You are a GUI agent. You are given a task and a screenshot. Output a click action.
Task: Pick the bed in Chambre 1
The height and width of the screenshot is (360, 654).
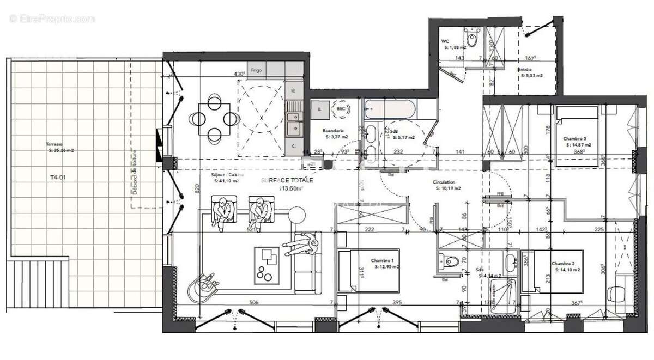pos(368,270)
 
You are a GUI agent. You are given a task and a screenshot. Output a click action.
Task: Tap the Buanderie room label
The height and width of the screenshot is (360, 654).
pos(332,131)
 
